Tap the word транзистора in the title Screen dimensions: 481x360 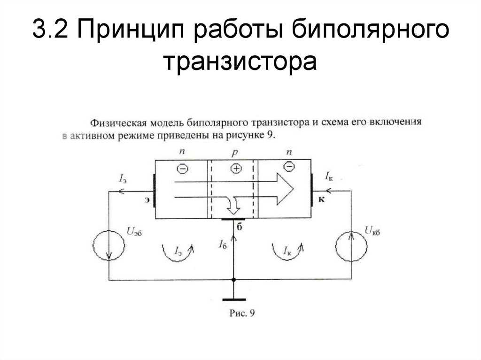[x=240, y=61]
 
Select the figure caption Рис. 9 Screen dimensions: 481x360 [x=242, y=313]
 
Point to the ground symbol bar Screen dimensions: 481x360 [x=234, y=299]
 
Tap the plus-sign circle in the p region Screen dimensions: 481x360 [x=236, y=169]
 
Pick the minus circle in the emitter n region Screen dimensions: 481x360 [x=183, y=169]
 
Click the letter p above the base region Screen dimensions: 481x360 [x=235, y=153]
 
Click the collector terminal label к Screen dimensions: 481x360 [x=321, y=199]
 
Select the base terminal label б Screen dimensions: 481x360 [x=240, y=227]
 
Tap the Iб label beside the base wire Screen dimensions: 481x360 [x=223, y=244]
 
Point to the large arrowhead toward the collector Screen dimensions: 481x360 [x=285, y=189]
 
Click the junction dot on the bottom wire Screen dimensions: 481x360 [x=234, y=280]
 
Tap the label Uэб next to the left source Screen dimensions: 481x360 [x=134, y=231]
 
